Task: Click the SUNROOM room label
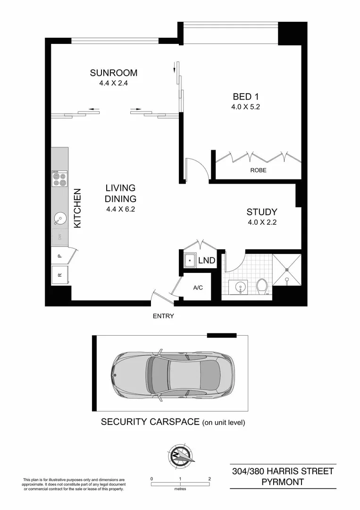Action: click(114, 73)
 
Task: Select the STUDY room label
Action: click(261, 212)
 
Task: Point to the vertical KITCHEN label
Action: click(78, 209)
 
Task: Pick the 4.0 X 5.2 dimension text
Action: click(245, 107)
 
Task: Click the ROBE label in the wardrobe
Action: click(258, 170)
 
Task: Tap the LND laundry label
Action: click(207, 260)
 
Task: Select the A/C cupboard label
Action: click(198, 288)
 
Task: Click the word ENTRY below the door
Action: click(163, 316)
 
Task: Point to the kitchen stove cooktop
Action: click(59, 178)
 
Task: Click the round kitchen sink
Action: click(59, 219)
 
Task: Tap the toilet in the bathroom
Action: click(262, 286)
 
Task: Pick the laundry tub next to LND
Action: click(190, 261)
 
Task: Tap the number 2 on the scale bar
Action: click(209, 478)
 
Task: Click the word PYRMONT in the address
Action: click(283, 482)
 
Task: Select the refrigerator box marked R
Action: click(59, 274)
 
